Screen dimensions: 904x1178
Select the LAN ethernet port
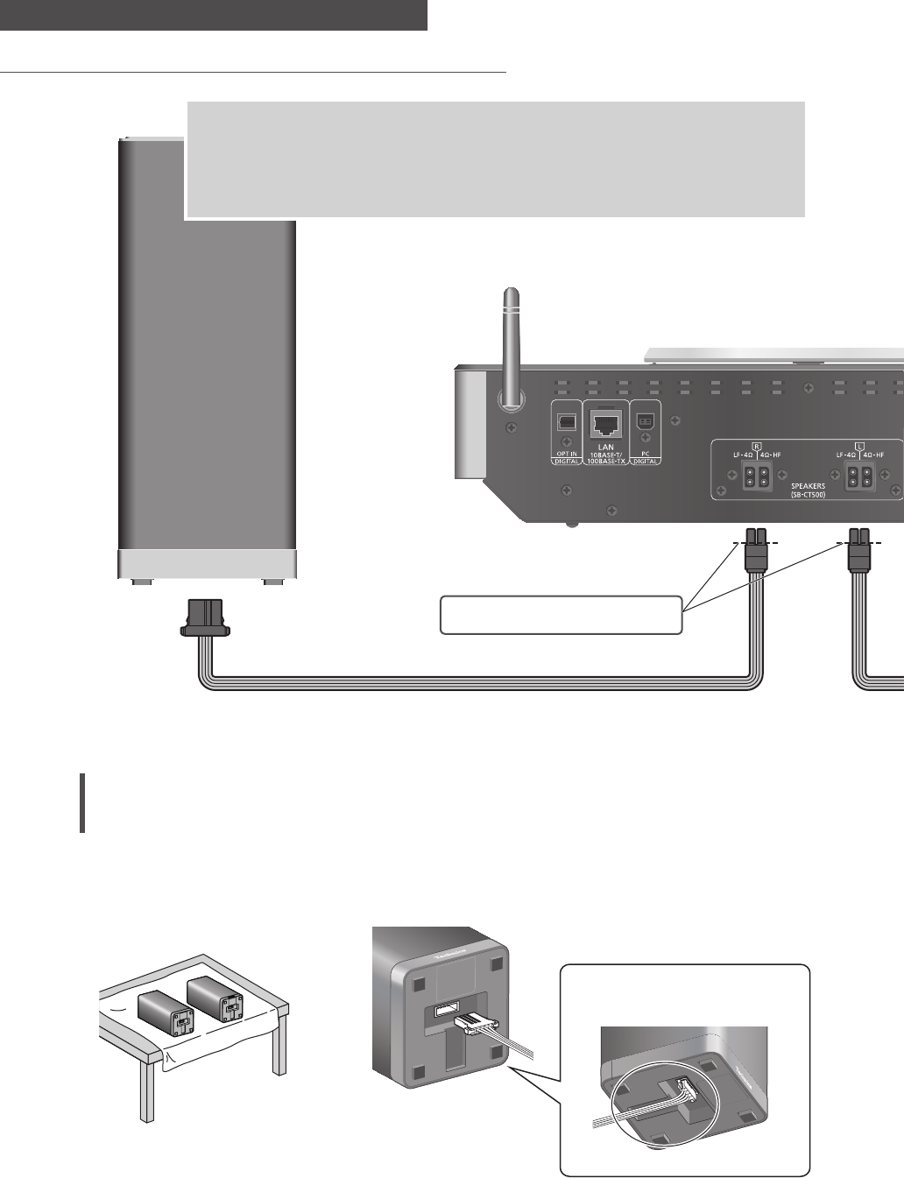point(605,423)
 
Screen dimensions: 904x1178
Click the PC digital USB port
point(646,420)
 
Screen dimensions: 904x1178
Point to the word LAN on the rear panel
point(604,447)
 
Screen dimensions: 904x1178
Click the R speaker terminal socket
point(755,479)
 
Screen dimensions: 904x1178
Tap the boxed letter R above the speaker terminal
point(756,444)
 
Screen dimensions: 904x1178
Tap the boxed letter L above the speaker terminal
point(859,444)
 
